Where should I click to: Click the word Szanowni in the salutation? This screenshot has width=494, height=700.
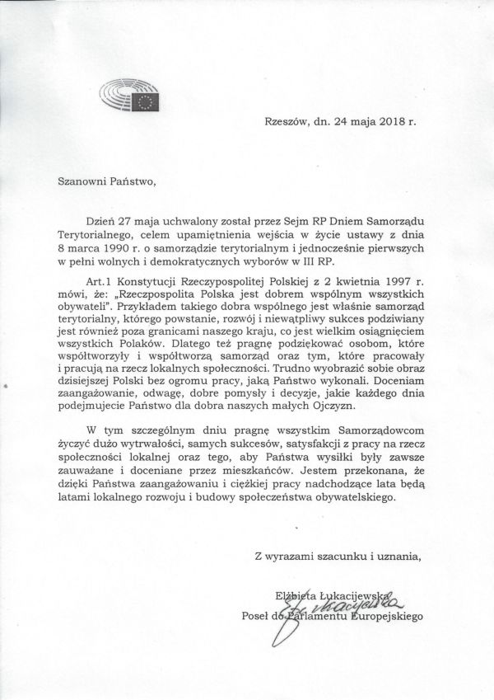[x=80, y=176]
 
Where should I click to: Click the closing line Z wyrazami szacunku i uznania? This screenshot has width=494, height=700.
[x=338, y=557]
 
